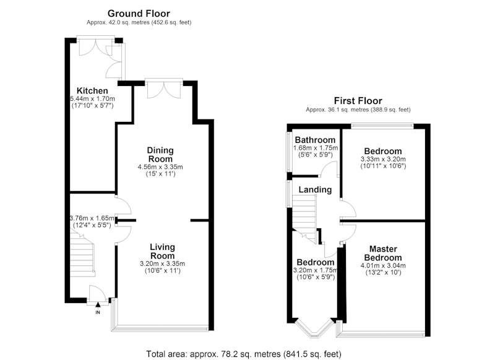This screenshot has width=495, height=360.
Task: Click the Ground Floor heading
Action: point(139,14)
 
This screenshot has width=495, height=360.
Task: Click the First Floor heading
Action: point(358,101)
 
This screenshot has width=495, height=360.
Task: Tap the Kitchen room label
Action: point(92,91)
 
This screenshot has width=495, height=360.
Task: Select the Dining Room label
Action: point(160,155)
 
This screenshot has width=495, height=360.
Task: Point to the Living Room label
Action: point(162,252)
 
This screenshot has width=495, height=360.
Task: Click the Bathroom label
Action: point(315,140)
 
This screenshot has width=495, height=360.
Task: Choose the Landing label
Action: point(315,190)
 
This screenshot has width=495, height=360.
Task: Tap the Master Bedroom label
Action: point(383,254)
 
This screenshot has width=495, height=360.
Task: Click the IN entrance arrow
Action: point(98,304)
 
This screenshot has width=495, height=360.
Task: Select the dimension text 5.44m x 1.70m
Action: point(92,99)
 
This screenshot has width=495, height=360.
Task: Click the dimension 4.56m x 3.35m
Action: point(160,167)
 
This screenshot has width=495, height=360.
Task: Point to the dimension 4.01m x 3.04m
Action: point(383,265)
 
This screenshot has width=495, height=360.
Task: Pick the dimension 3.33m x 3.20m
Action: point(383,159)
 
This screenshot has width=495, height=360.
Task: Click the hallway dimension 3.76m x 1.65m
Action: point(92,218)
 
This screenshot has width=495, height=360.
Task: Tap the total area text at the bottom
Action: point(244,354)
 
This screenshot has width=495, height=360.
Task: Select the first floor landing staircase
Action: point(304,218)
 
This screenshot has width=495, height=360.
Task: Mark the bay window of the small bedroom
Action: point(314,328)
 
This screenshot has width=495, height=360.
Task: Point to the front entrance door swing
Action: point(97,293)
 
